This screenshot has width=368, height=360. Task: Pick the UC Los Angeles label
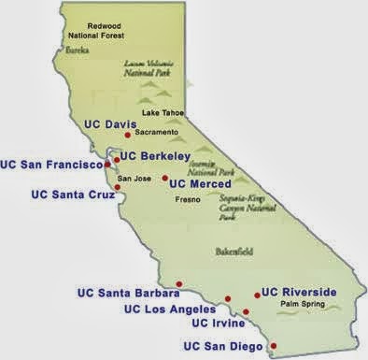[173, 309]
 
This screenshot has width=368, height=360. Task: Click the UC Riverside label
[299, 292]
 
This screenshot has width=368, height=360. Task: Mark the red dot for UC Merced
[165, 178]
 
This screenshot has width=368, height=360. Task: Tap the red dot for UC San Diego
[273, 345]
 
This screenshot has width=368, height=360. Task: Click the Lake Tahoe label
[163, 113]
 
